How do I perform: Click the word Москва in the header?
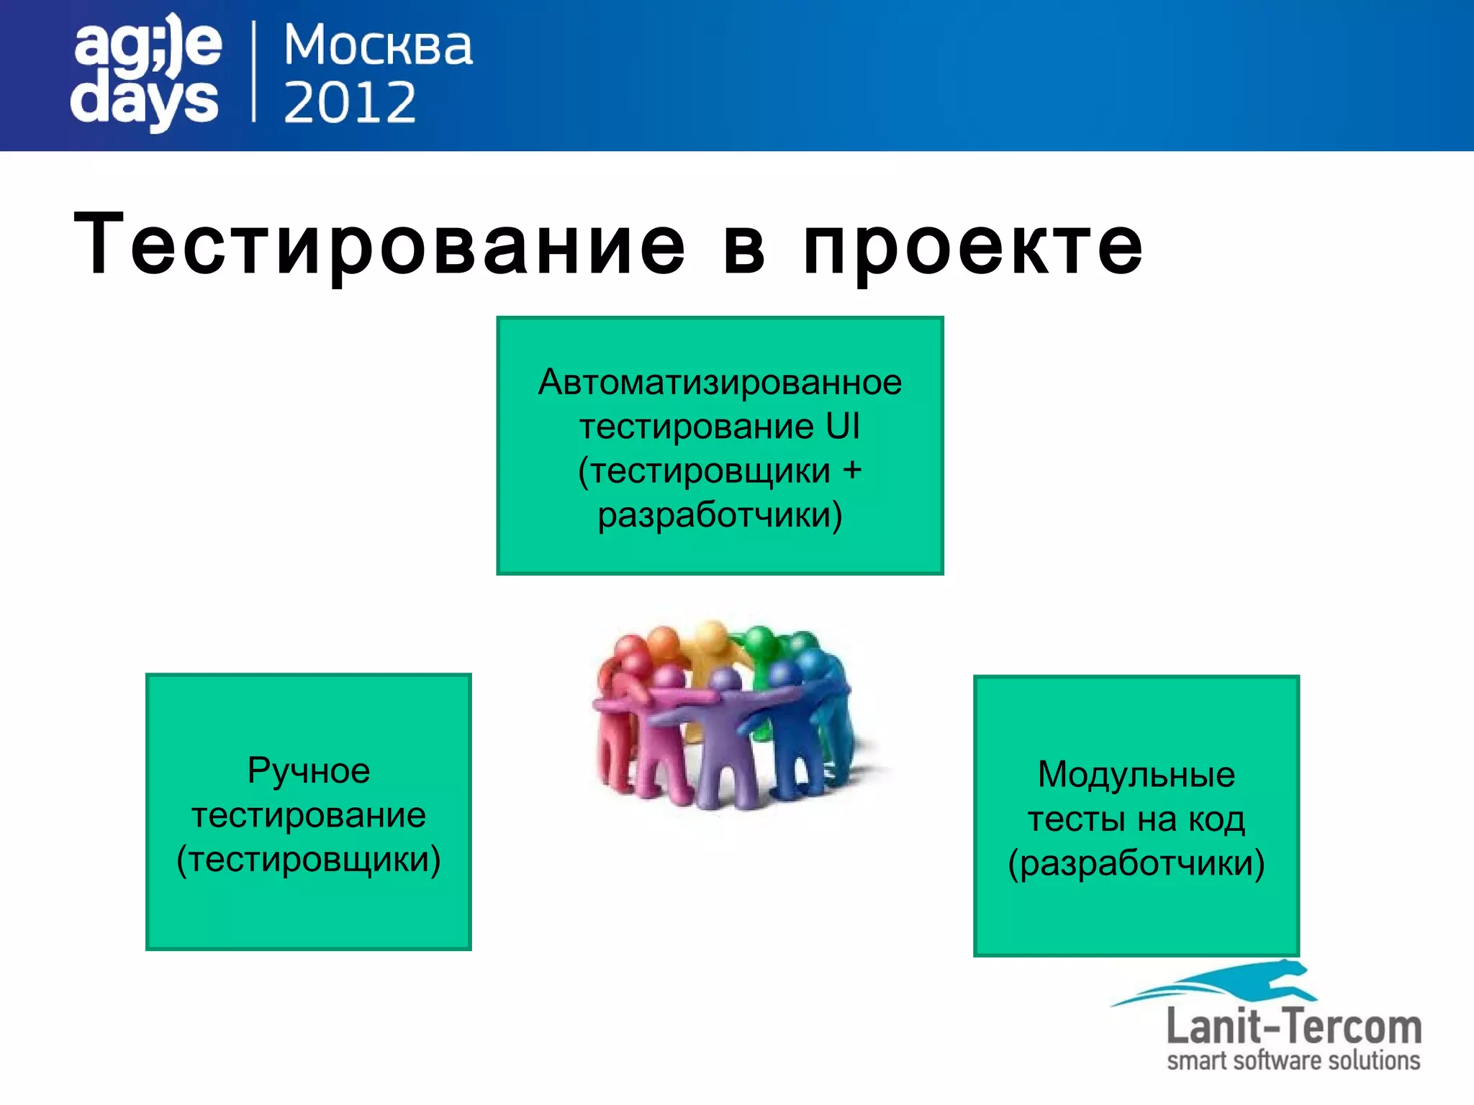(x=378, y=46)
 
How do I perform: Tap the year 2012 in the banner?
(x=350, y=102)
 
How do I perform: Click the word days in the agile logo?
(x=144, y=101)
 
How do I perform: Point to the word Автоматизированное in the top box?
(x=720, y=382)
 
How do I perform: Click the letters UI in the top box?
(x=842, y=427)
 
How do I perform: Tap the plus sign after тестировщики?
(x=852, y=470)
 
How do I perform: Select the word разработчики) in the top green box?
(x=720, y=515)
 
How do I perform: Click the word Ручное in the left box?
(x=309, y=770)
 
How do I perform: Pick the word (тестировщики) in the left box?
(x=309, y=860)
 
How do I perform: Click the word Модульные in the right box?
(x=1136, y=775)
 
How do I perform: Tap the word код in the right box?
(x=1216, y=819)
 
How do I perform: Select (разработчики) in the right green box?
(x=1136, y=863)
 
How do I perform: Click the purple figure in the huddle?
(x=720, y=741)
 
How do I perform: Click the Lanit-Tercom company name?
(x=1293, y=1027)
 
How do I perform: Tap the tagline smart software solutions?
(x=1293, y=1061)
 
